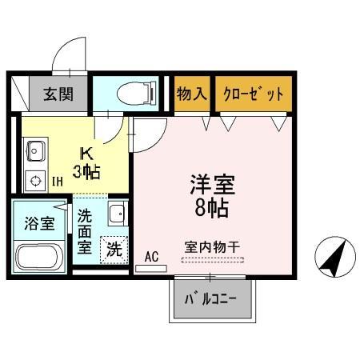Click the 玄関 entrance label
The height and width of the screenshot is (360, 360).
pos(58,94)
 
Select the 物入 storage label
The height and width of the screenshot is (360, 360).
pos(192,94)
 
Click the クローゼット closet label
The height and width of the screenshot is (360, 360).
pos(254,94)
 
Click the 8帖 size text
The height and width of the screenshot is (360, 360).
pos(211,210)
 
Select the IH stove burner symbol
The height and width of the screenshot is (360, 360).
pos(35,180)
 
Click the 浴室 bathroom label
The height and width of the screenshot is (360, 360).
pos(39,224)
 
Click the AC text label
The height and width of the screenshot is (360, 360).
pos(151,256)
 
